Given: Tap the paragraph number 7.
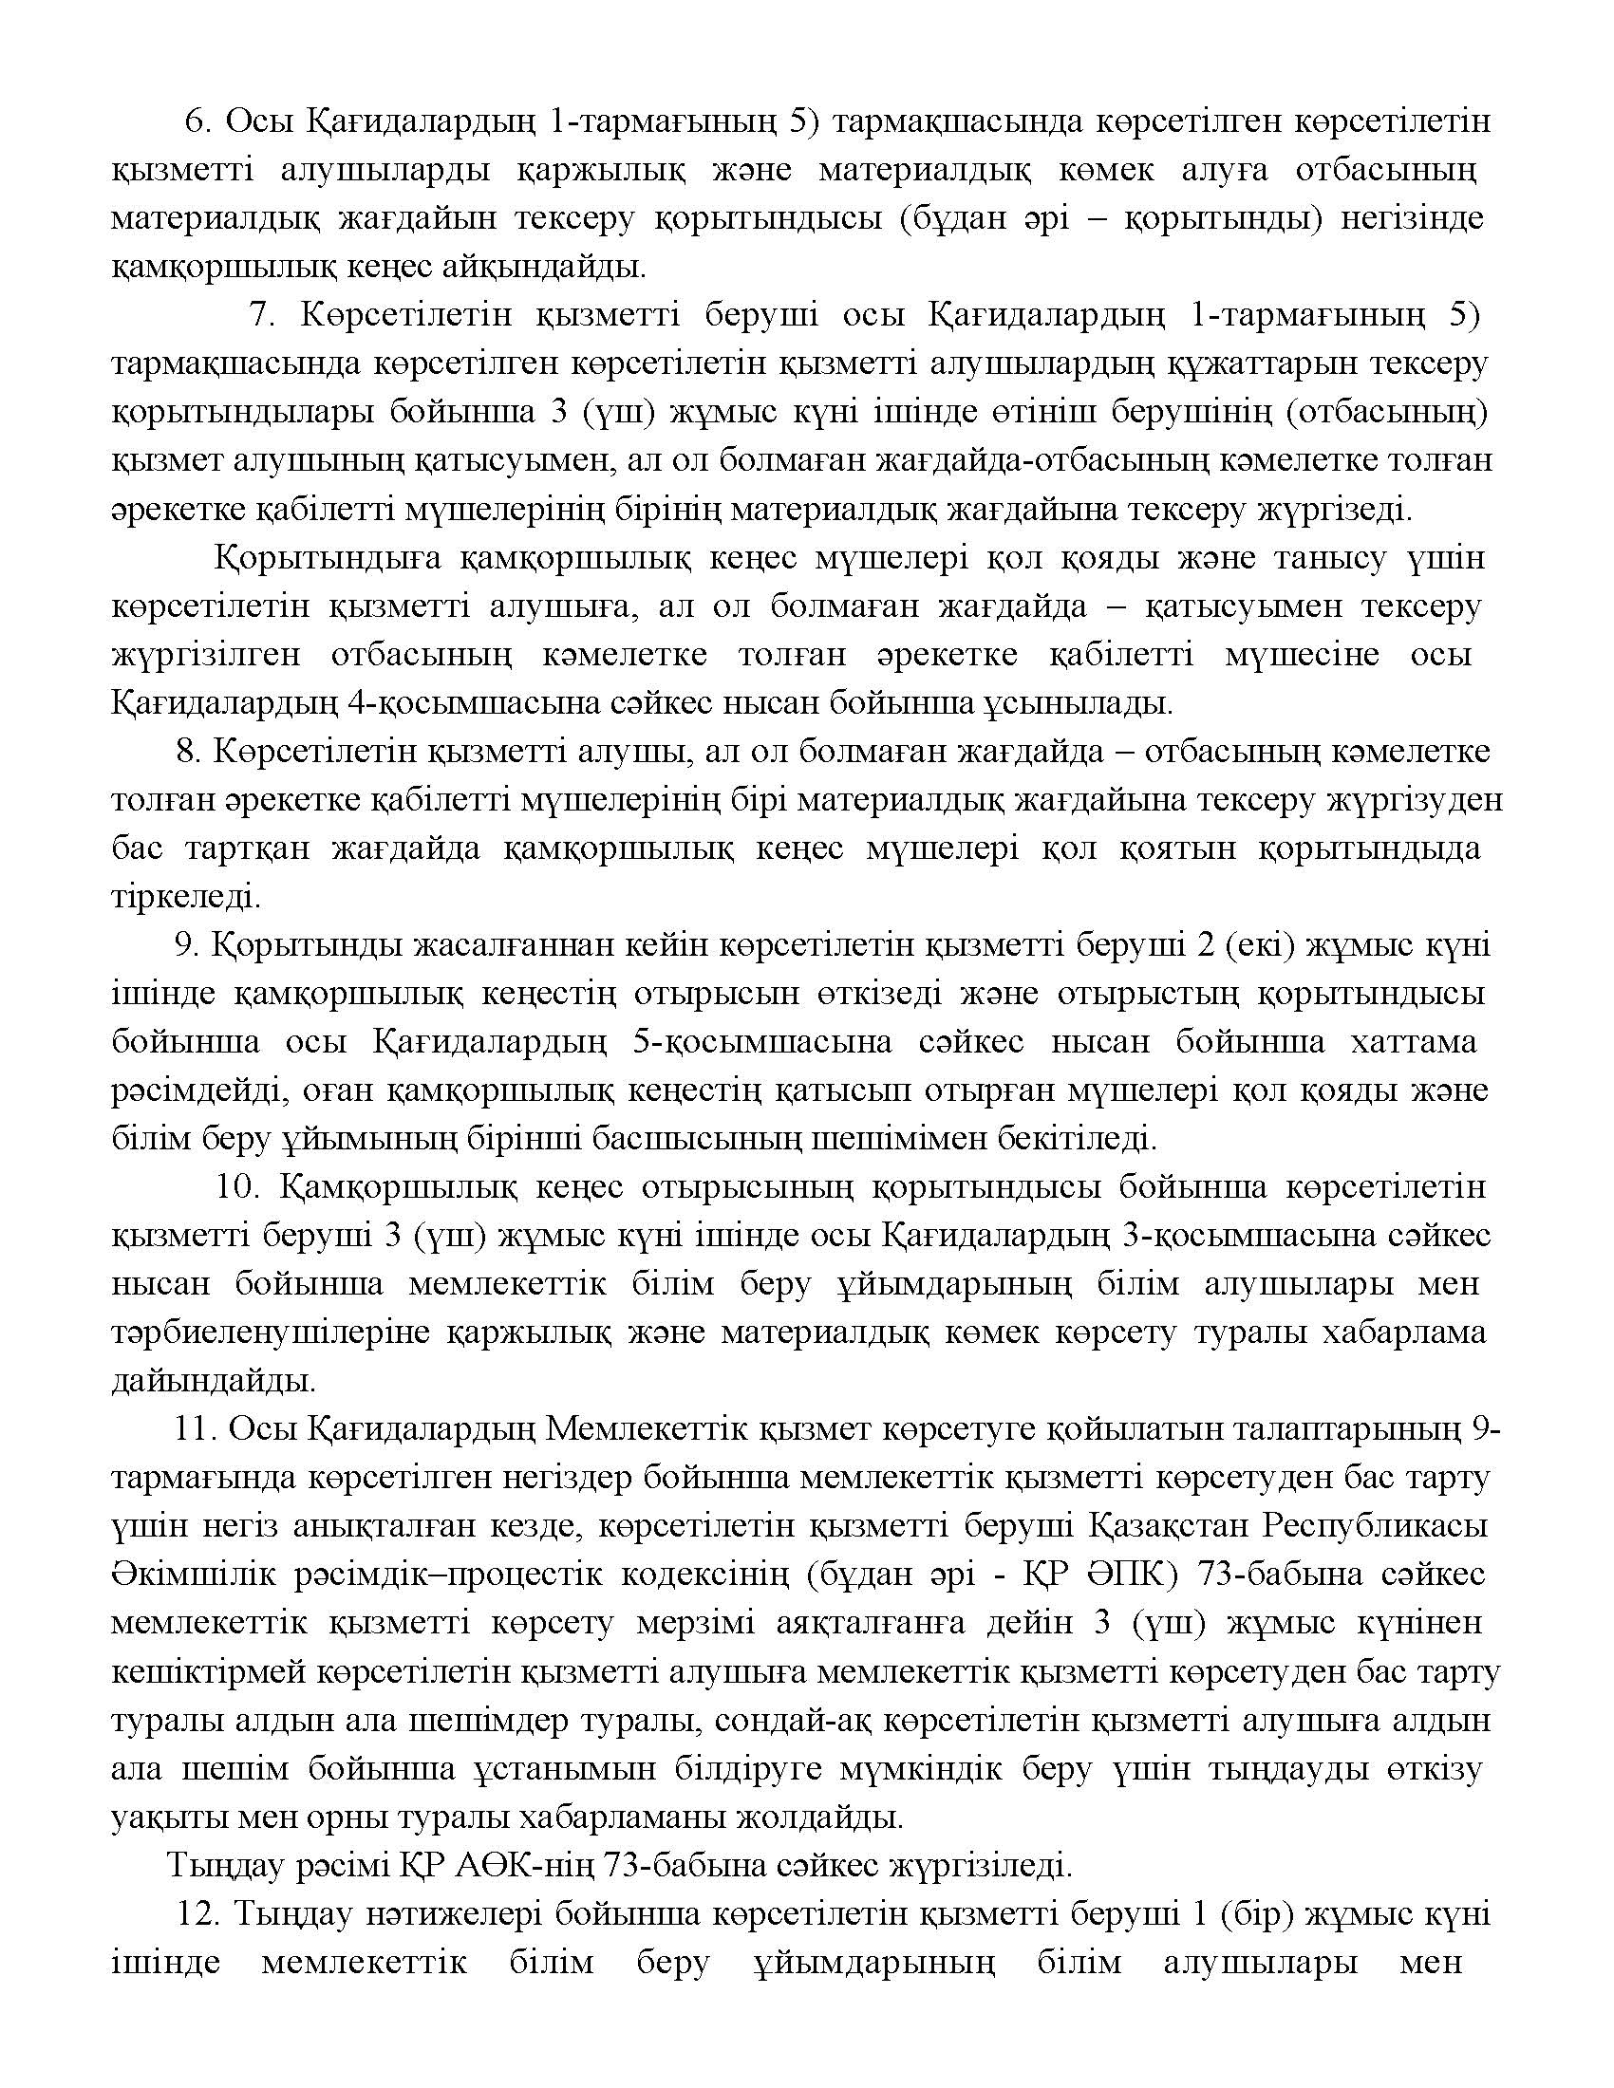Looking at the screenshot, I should pos(261,315).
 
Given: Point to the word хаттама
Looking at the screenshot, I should pos(1413,1042).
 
